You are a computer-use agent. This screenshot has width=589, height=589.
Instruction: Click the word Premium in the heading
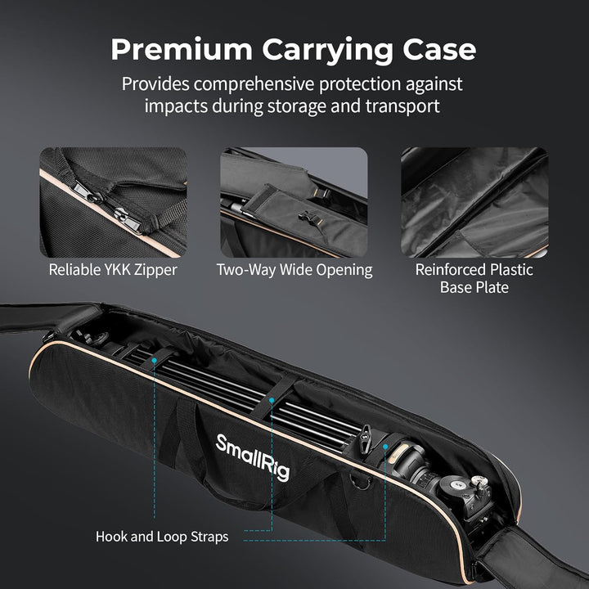pyautogui.click(x=182, y=49)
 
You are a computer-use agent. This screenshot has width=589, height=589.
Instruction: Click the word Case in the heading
pyautogui.click(x=439, y=49)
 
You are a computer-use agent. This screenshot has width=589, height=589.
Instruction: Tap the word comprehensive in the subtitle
pyautogui.click(x=254, y=84)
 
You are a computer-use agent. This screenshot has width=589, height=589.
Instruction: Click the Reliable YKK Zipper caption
pyautogui.click(x=113, y=270)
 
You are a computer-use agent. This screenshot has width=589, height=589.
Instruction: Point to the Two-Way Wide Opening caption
pyautogui.click(x=294, y=270)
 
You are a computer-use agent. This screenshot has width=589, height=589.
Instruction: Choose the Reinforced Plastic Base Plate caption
pyautogui.click(x=474, y=278)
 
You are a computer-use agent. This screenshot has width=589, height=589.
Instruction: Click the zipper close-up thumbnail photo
pyautogui.click(x=114, y=203)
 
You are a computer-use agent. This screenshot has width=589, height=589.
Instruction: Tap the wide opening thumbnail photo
pyautogui.click(x=294, y=203)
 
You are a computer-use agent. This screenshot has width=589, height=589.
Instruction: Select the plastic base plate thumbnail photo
pyautogui.click(x=474, y=203)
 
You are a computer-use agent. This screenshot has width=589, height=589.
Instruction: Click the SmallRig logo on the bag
pyautogui.click(x=253, y=457)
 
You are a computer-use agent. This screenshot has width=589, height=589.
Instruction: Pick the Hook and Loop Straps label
pyautogui.click(x=162, y=537)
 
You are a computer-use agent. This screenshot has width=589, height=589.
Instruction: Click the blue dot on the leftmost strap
pyautogui.click(x=154, y=360)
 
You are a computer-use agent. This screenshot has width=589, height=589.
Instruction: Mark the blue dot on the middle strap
pyautogui.click(x=272, y=401)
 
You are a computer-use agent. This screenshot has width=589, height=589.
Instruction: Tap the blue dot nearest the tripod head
pyautogui.click(x=385, y=447)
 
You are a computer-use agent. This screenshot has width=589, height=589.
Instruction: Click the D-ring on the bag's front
pyautogui.click(x=360, y=482)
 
